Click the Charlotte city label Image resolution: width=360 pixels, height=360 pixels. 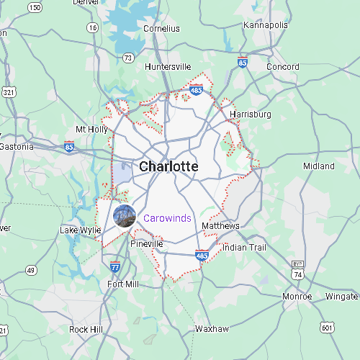coord(168,166)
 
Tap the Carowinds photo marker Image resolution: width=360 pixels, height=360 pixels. coord(125,216)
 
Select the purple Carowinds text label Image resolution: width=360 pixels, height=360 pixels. coord(168,218)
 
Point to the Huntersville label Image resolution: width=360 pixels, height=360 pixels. coord(168,67)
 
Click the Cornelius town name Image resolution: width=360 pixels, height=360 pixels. coord(161,29)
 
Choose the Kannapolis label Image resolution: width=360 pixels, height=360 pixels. coord(266,25)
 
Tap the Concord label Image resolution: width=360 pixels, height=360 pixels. coord(283,67)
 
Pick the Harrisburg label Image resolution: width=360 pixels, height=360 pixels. coord(250,114)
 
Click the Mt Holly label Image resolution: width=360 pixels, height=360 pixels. coord(91,130)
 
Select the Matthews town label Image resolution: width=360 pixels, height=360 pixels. coord(220,226)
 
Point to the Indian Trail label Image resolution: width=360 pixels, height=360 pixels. coord(244,247)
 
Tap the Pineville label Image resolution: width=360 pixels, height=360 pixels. coord(147,245)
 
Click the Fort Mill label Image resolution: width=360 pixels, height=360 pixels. coord(122,284)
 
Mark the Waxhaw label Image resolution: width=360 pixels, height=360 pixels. coord(212,329)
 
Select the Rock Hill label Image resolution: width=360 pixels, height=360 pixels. coord(86,329)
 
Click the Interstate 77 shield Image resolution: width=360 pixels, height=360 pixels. coord(115,267)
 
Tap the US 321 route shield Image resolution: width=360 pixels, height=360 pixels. coord(8,92)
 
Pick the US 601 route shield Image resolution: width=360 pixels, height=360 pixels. coord(328,328)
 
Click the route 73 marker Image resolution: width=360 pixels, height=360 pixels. coord(128,57)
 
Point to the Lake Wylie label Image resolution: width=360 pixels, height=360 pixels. coord(81,230)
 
